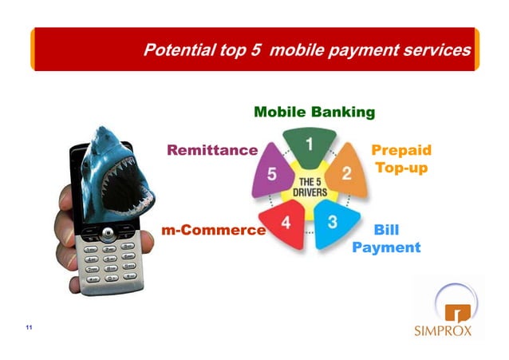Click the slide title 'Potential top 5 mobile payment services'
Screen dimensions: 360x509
306,51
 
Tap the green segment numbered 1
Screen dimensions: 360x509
308,144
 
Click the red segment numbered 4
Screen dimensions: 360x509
284,221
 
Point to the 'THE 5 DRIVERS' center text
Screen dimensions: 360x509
309,188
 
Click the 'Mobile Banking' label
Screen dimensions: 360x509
314,112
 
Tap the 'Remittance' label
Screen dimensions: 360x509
211,150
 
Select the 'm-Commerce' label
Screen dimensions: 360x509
213,231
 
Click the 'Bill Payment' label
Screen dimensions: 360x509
386,239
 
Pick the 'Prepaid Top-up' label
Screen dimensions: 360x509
401,160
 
